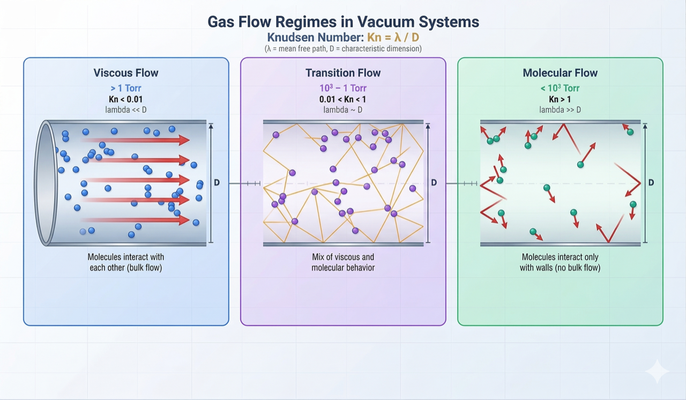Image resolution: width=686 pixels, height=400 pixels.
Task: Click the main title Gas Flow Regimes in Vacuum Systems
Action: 343,22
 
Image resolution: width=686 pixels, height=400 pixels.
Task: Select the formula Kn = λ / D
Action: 393,38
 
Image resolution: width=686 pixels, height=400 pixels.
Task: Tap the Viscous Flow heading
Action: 126,73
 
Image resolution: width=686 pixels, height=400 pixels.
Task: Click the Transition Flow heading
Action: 343,73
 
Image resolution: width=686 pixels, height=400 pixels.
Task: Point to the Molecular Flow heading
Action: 560,73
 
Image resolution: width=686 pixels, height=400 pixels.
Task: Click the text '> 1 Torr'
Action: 125,88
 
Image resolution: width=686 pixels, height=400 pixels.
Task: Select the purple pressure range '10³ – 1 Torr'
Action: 343,88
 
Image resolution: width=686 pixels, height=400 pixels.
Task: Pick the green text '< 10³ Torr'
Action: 560,88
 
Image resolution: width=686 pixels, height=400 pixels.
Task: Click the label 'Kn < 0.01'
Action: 125,99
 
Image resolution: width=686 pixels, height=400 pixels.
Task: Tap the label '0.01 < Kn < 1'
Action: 343,99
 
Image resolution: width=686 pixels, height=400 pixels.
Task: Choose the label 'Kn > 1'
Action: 560,99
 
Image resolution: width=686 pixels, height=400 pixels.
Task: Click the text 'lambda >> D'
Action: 560,110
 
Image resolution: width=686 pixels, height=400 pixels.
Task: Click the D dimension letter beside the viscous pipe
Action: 217,183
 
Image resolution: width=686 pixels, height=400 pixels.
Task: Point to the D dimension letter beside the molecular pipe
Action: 651,183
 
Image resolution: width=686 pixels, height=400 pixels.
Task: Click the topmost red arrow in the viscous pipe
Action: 137,140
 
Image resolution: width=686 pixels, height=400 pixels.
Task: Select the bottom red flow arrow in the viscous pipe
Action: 137,220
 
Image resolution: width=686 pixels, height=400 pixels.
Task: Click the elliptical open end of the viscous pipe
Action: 46,183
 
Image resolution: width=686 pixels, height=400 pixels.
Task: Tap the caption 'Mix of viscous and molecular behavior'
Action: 343,262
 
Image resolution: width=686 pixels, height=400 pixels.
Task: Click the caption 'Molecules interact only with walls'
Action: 560,262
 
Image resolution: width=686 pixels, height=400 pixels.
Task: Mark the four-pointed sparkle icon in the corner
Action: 657,372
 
